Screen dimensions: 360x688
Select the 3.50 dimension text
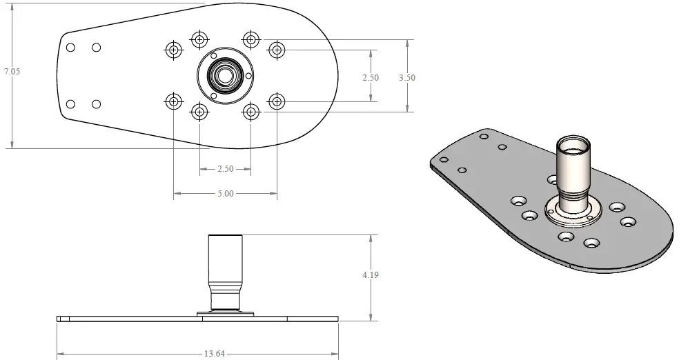point(407,78)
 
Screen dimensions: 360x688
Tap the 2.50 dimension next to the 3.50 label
point(371,78)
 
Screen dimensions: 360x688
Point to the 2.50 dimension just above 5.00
point(225,168)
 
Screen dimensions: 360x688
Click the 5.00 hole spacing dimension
point(225,194)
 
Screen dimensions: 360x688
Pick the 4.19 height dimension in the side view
point(371,274)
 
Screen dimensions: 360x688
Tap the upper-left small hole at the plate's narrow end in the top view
point(70,48)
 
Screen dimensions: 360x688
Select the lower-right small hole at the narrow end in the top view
point(97,104)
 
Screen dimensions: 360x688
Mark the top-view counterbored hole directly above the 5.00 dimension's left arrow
point(173,102)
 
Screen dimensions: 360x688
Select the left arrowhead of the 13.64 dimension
point(60,354)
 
